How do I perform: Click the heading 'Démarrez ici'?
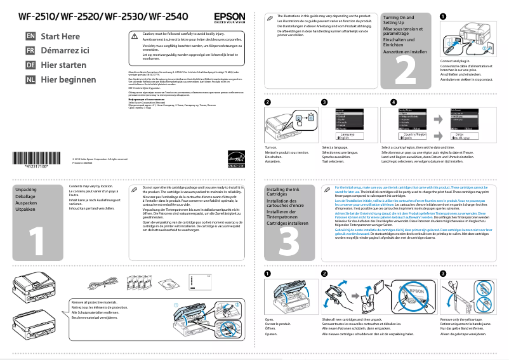[x=65, y=51]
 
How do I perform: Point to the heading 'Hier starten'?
[x=63, y=65]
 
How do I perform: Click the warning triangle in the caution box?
[x=134, y=37]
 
